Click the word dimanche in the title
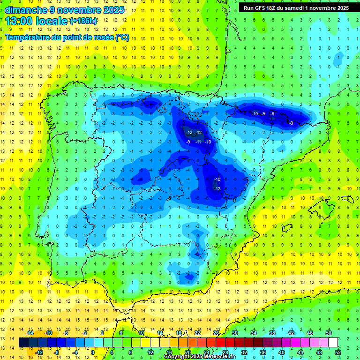click(x=25, y=9)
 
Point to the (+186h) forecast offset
click(x=83, y=22)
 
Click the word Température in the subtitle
click(x=29, y=37)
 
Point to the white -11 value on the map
click(x=198, y=142)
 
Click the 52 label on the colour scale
click(x=338, y=352)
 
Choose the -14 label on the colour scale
click(x=29, y=333)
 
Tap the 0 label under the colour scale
click(x=92, y=352)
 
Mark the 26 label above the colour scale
click(x=216, y=333)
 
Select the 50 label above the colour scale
click(x=328, y=333)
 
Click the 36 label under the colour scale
click(x=263, y=352)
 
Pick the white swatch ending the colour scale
click(x=333, y=343)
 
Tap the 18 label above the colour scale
click(x=179, y=333)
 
